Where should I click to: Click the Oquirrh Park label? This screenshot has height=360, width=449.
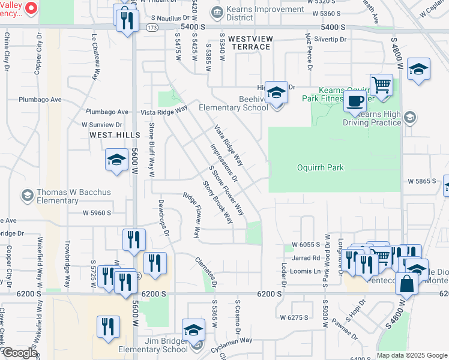pos(321,167)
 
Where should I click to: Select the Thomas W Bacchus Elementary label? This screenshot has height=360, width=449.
pos(65,196)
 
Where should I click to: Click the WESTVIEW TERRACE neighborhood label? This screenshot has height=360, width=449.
pos(250,43)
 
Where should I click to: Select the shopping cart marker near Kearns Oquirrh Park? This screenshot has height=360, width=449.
pos(381,85)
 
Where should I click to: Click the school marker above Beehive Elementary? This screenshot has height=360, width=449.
pos(276,92)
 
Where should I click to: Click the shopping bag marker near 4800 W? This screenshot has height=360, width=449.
pos(406,284)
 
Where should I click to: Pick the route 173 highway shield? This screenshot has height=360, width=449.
pos(154,28)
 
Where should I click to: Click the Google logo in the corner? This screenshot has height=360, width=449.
pos(19,353)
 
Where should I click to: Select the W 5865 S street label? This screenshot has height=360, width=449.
pos(421,181)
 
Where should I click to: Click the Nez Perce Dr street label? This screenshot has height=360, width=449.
pos(310,52)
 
